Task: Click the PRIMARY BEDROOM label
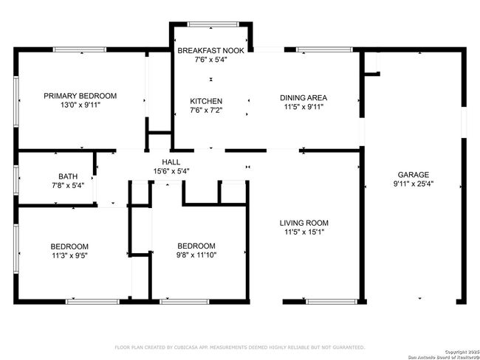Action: pyautogui.click(x=80, y=96)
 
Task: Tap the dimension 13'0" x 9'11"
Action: pyautogui.click(x=80, y=105)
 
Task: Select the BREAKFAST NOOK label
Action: pyautogui.click(x=211, y=51)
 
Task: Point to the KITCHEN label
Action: pyautogui.click(x=206, y=101)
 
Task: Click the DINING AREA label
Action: pyautogui.click(x=304, y=98)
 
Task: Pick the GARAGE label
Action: pyautogui.click(x=414, y=175)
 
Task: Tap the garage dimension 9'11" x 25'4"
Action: pyautogui.click(x=414, y=184)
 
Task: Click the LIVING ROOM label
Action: pyautogui.click(x=304, y=223)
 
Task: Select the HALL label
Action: pyautogui.click(x=171, y=162)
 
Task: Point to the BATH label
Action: pyautogui.click(x=68, y=176)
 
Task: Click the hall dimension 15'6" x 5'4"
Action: pyautogui.click(x=171, y=171)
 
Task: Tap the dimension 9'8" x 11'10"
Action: pyautogui.click(x=196, y=255)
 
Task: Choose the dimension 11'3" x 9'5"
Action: pyautogui.click(x=70, y=255)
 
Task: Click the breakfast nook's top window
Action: pyautogui.click(x=213, y=24)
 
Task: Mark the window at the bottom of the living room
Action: pyautogui.click(x=332, y=302)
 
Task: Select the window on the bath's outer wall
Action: pyautogui.click(x=16, y=180)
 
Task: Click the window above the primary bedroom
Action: pyautogui.click(x=80, y=49)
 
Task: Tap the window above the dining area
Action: pyautogui.click(x=324, y=49)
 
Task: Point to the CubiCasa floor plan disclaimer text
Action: pyautogui.click(x=240, y=347)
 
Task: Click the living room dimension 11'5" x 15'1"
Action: pyautogui.click(x=304, y=232)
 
